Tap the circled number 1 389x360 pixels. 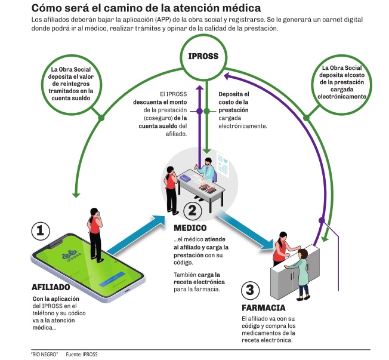point(40,231)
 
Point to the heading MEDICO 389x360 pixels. point(190,228)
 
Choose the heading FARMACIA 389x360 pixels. point(263,308)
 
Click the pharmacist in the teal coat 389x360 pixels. point(304,272)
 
